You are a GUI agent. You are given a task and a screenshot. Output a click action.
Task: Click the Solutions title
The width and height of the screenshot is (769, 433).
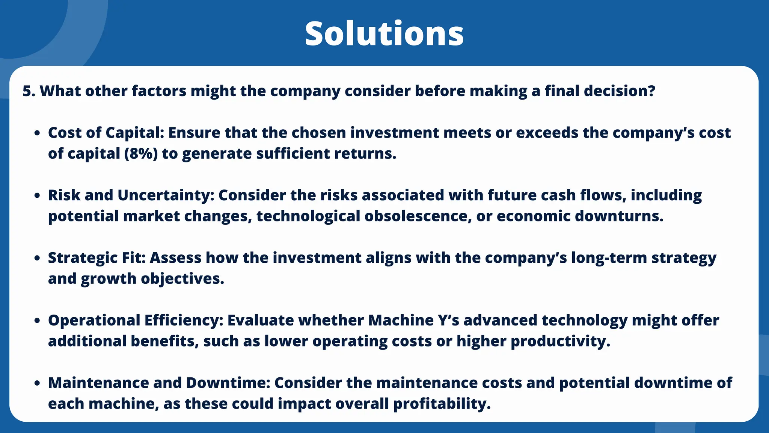(384, 34)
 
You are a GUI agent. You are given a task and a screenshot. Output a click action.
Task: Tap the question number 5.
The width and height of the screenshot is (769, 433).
(27, 91)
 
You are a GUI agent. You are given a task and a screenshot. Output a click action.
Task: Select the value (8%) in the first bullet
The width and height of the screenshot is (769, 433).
(141, 154)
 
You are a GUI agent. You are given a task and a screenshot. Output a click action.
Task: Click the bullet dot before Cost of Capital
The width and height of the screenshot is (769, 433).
(37, 133)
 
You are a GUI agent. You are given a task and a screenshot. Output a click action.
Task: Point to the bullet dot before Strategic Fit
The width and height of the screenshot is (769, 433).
(37, 258)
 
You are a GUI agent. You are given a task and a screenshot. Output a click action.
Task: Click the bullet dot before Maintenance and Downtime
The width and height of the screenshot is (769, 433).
(37, 383)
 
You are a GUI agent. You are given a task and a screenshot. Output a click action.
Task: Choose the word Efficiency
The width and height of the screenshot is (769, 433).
(184, 321)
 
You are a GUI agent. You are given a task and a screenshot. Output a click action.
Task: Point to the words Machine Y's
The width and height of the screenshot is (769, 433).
(413, 321)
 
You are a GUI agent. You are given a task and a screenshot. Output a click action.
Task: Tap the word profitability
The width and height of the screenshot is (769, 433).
(442, 404)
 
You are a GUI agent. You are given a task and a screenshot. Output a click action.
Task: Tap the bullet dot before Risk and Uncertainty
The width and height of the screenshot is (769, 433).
(37, 196)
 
